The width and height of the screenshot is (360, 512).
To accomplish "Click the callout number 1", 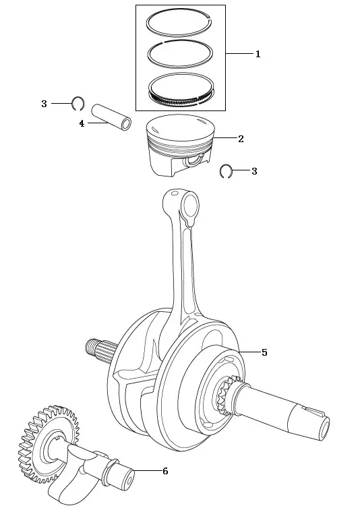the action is tap(258, 54).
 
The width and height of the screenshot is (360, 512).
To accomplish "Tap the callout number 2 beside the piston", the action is tap(241, 139).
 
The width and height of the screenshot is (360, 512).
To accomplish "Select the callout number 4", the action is tap(82, 124).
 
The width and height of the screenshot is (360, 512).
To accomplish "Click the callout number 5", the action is tap(264, 352).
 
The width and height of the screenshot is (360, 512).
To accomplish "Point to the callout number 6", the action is tap(165, 471).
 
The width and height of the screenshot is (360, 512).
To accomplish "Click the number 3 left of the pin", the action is tap(44, 104).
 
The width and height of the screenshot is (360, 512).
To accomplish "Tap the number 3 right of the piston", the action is tap(254, 171).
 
